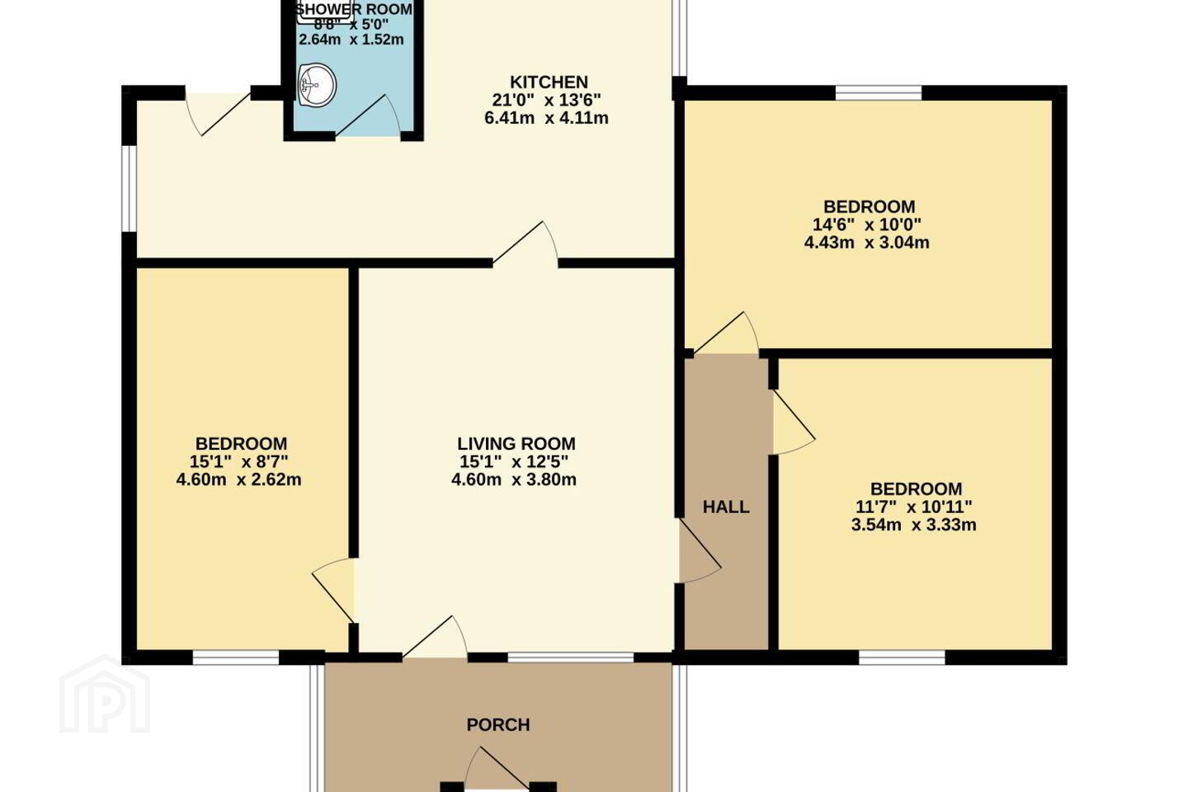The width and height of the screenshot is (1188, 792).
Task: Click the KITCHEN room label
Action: (x=549, y=82)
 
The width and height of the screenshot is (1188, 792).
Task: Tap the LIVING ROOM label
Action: (x=516, y=444)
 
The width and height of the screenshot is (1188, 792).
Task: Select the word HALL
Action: (x=726, y=507)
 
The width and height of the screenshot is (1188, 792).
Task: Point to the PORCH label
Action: (x=498, y=724)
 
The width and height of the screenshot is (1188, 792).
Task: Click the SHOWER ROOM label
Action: (x=354, y=9)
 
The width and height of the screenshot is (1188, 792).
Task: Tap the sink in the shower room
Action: (x=317, y=85)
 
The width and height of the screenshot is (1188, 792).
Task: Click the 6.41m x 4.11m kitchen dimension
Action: (x=546, y=118)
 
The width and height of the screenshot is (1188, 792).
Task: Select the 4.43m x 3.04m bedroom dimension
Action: (x=866, y=243)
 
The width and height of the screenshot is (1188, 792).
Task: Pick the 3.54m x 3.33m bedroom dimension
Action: (x=914, y=526)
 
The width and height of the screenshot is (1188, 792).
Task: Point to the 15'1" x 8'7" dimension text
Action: (x=239, y=461)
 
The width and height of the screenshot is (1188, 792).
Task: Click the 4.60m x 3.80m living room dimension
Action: (x=514, y=479)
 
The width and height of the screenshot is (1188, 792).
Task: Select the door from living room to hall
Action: (x=700, y=550)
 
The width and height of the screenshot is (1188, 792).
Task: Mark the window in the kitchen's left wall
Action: (x=129, y=188)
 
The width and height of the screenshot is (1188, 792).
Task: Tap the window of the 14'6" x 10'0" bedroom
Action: (x=879, y=92)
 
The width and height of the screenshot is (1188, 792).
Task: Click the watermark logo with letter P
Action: (x=105, y=694)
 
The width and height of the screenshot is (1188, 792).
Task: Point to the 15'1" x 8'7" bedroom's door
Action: (x=333, y=591)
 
